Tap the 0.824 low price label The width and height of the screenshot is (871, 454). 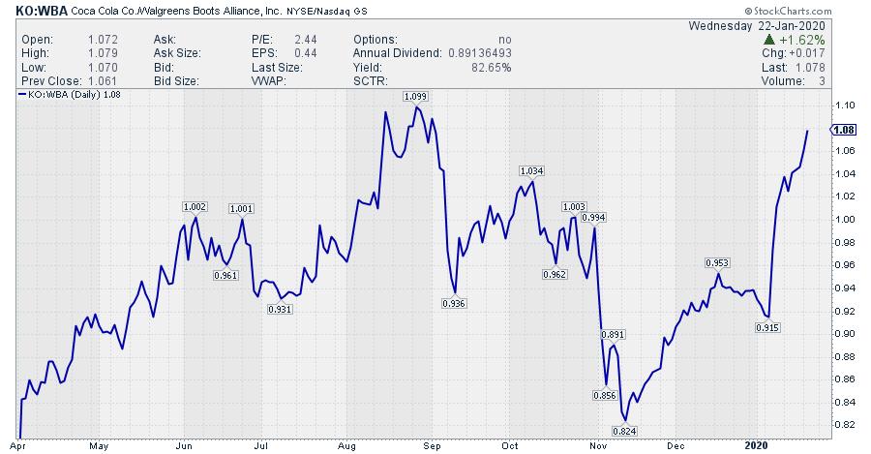point(625,430)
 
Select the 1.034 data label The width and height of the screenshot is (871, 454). point(531,170)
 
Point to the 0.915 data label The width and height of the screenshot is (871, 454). point(766,328)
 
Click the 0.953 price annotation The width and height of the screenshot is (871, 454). point(717,262)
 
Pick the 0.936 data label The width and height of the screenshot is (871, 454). point(454,304)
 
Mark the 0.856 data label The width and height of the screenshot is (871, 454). point(604,395)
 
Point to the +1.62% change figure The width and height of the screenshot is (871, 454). point(806,40)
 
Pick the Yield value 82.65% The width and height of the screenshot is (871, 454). point(492,68)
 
